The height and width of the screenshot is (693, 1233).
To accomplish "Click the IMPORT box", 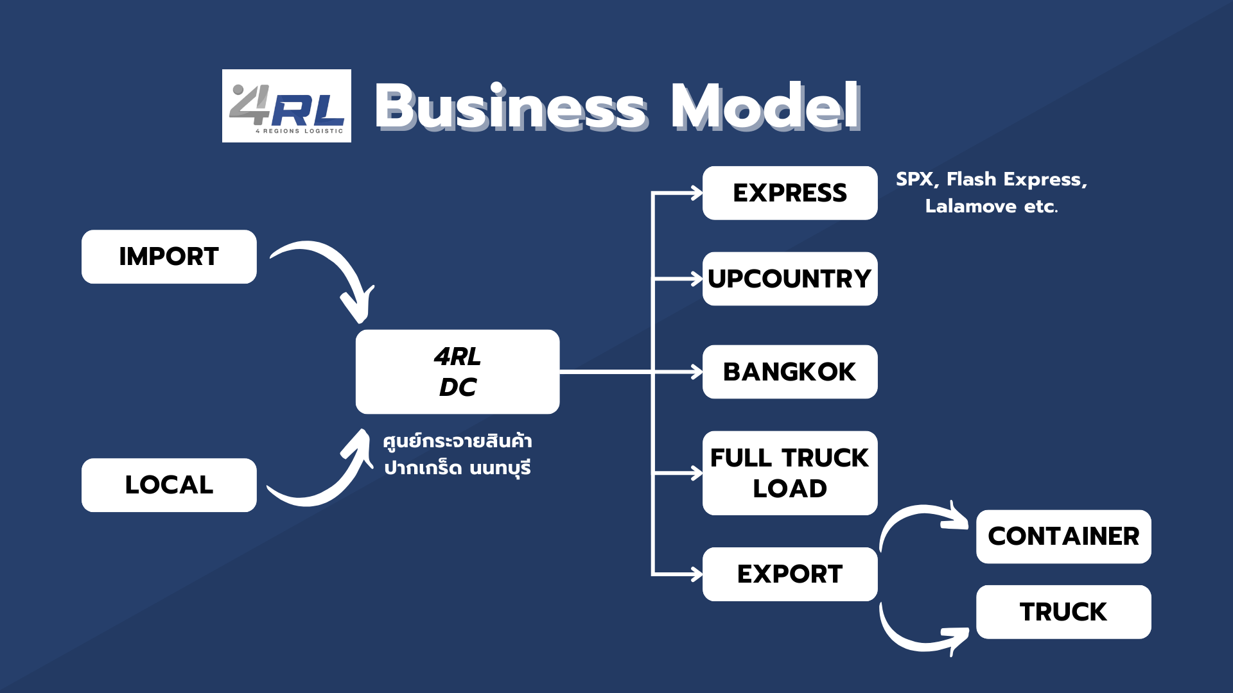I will (169, 257).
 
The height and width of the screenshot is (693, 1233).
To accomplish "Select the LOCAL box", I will (169, 485).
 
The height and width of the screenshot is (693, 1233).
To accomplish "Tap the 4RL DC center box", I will (457, 372).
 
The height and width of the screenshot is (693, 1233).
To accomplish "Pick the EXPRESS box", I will (790, 193).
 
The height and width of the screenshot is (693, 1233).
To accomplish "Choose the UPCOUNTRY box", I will (790, 279).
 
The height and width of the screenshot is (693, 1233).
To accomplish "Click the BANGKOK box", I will (790, 372).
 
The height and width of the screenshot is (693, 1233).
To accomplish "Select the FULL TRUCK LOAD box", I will (790, 473).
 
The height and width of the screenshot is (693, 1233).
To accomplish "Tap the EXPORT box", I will (790, 574).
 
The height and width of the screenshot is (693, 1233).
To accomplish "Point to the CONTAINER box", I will (1063, 536).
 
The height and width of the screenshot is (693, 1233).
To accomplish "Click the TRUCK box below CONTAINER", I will (1063, 612).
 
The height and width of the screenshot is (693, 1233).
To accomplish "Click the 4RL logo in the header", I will (286, 106).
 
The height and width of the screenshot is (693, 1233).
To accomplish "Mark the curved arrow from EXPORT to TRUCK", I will (912, 642).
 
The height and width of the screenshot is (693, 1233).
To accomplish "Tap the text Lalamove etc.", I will (991, 207).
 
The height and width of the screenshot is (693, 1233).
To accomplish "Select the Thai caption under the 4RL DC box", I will (457, 454).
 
